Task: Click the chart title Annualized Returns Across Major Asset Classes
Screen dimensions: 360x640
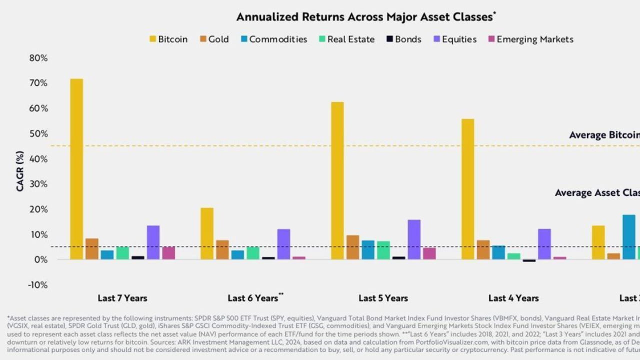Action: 365,17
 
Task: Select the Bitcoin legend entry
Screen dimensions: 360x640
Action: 168,39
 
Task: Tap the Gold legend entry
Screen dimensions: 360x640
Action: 214,39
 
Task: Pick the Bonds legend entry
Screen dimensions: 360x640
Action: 403,39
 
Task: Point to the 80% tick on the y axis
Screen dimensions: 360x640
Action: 38,58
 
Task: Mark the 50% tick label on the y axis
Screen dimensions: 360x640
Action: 38,134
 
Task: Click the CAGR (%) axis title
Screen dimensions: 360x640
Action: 20,171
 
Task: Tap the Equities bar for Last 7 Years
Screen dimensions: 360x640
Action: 153,242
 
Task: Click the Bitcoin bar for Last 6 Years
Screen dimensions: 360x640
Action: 207,233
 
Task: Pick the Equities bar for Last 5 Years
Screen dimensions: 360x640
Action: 414,239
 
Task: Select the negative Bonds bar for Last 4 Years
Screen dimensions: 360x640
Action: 529,260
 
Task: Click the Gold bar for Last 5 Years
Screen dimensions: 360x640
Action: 352,247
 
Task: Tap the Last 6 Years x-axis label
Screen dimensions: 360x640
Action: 253,298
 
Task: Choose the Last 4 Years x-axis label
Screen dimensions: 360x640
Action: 513,298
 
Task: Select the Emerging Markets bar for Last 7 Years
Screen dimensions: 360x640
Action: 168,253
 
